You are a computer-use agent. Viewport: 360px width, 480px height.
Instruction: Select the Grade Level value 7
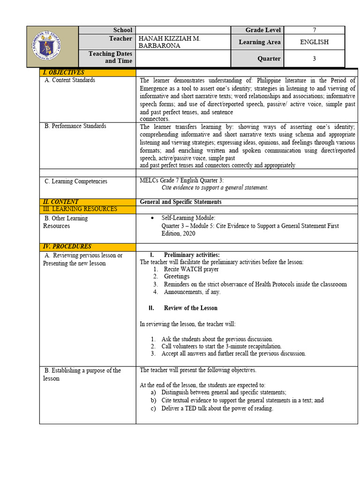(314, 30)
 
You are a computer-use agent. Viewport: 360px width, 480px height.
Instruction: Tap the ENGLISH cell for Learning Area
(314, 42)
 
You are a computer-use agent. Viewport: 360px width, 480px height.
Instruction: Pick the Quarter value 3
(314, 59)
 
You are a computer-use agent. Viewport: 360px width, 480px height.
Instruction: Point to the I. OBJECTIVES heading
(64, 73)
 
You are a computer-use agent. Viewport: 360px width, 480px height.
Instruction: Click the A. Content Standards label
(70, 80)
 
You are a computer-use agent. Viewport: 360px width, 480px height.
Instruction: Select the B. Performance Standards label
(75, 126)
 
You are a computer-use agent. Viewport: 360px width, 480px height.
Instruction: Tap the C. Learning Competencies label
(76, 181)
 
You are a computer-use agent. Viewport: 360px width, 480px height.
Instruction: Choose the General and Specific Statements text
(181, 202)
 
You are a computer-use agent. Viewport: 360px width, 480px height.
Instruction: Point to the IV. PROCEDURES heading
(67, 247)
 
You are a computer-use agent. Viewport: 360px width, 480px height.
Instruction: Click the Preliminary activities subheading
(191, 255)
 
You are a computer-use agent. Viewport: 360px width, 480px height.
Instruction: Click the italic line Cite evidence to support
(215, 187)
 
